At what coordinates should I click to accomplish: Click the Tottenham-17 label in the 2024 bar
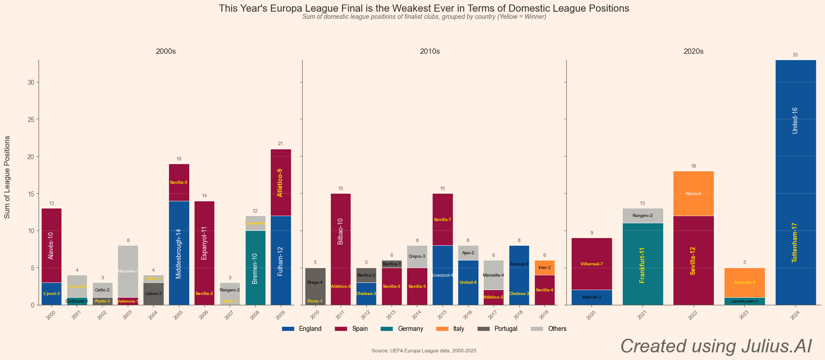(x=795, y=243)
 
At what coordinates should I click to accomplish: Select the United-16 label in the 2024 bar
(x=795, y=121)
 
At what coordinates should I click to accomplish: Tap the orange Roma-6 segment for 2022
(x=693, y=194)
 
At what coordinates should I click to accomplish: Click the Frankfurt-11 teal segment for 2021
(x=643, y=264)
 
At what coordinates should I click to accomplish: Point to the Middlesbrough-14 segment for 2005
(x=179, y=253)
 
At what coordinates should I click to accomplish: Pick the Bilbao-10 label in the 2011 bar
(x=340, y=231)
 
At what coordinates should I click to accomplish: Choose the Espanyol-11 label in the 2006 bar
(x=204, y=243)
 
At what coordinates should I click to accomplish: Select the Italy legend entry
(x=451, y=329)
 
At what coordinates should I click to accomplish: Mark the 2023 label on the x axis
(x=744, y=315)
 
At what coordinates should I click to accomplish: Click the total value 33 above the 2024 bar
(x=795, y=55)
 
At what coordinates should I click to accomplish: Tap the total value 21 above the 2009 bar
(x=280, y=144)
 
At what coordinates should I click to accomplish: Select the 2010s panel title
(x=430, y=52)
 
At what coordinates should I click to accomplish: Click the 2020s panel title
(x=693, y=52)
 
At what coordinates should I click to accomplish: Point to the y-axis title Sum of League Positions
(x=7, y=177)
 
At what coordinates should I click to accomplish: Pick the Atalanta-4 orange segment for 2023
(x=744, y=282)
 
